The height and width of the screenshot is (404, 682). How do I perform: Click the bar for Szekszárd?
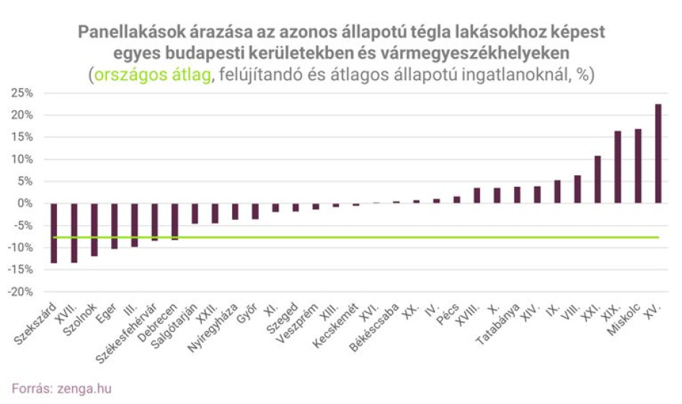coord(54,233)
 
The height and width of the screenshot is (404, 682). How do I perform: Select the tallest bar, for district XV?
coord(658,154)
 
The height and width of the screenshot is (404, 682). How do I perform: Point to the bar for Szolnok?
coord(94,229)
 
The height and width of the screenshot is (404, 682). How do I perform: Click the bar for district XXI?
coord(598,180)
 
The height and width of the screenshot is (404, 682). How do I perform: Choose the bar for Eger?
coord(115,226)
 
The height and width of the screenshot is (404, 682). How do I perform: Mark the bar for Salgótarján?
coord(195,214)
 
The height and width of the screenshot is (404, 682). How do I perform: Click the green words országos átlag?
coord(153,76)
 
